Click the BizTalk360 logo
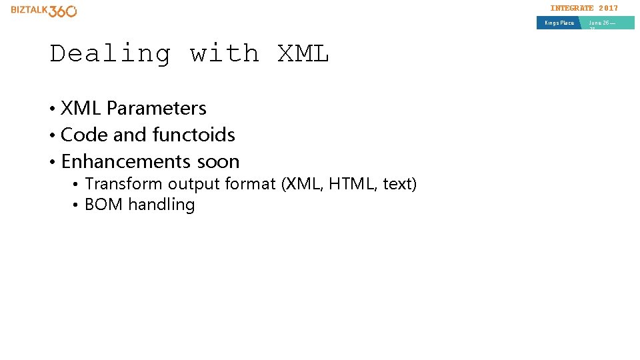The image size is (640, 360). (44, 11)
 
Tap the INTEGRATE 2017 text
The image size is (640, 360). (584, 8)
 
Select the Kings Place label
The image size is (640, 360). (559, 23)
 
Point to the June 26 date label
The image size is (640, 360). (602, 23)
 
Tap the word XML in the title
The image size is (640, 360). (303, 53)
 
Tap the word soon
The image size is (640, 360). (218, 161)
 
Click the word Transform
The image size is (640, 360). (124, 184)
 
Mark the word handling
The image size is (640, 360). (162, 205)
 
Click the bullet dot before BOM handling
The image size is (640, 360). (77, 205)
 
